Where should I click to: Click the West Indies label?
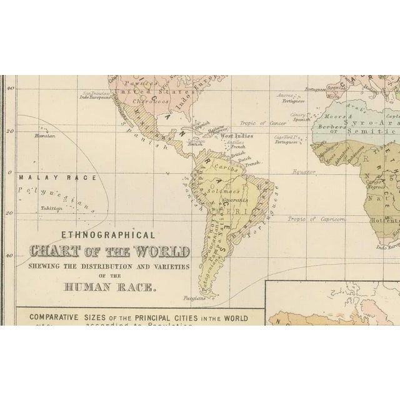pos(236,136)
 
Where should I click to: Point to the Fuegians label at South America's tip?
pos(195,297)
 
